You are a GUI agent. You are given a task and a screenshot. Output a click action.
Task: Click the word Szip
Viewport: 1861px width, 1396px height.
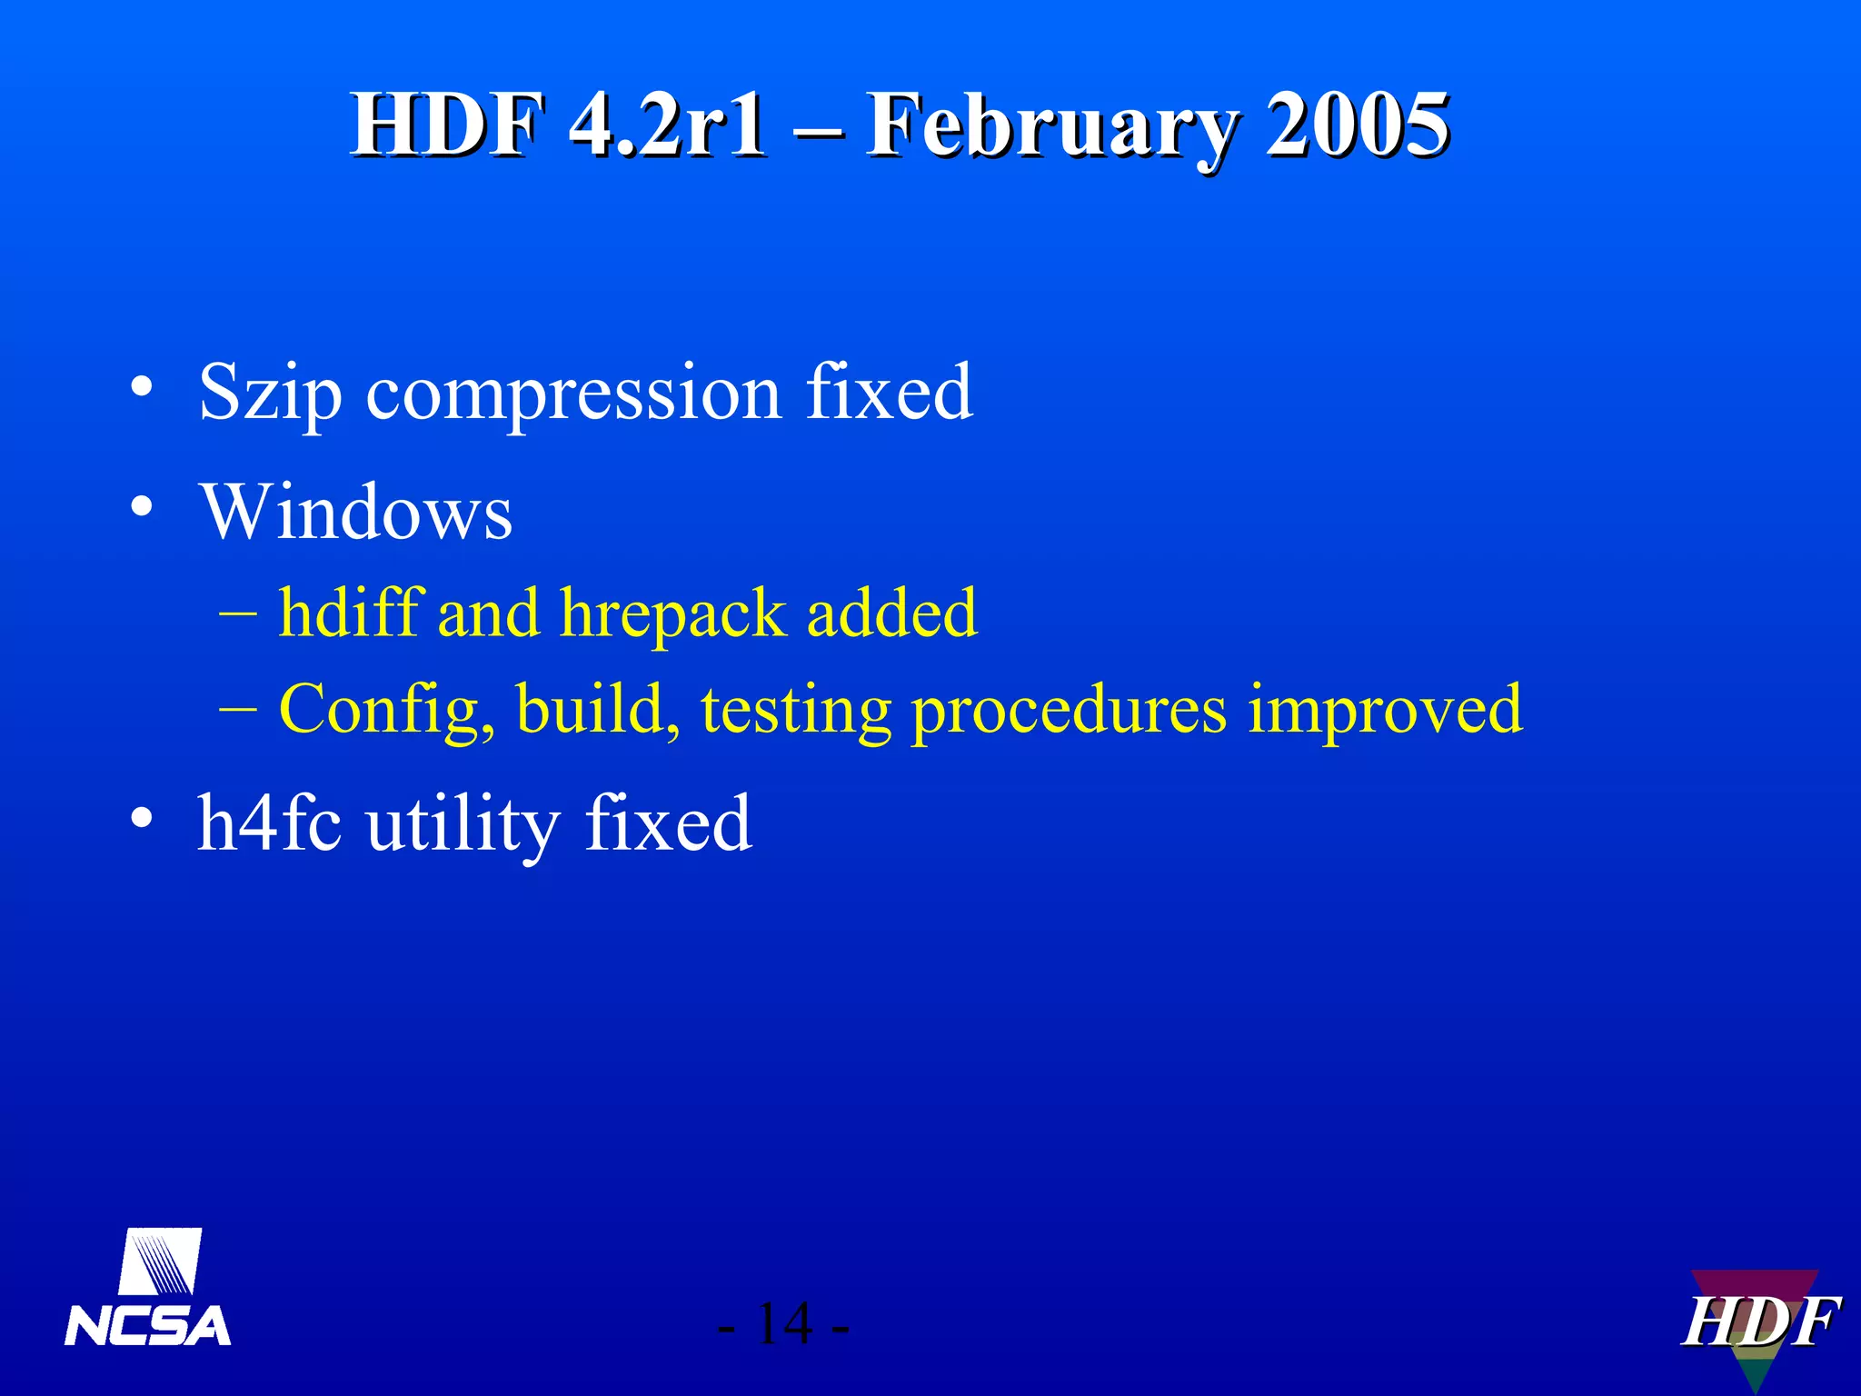[270, 393]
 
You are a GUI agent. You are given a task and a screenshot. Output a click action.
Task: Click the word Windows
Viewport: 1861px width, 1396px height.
[356, 512]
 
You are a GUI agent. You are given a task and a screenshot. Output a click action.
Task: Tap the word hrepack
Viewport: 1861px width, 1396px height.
[672, 614]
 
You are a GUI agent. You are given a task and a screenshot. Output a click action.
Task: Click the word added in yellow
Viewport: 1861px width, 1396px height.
[891, 613]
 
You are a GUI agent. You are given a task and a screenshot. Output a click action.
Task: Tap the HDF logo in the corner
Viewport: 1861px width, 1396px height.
[1758, 1324]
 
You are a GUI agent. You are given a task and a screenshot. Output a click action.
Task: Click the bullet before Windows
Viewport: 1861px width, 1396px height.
[141, 505]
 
